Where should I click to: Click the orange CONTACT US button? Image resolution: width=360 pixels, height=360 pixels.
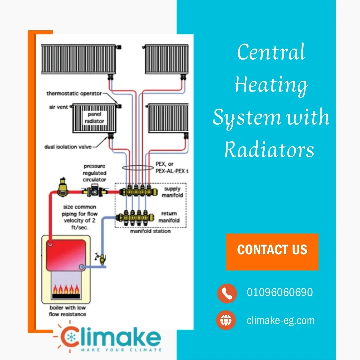pos(272,252)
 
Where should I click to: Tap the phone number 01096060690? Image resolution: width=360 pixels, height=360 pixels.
pos(280,292)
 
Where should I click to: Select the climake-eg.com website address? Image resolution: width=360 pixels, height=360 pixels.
pos(281,320)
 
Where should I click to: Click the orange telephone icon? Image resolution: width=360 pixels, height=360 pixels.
pos(227,293)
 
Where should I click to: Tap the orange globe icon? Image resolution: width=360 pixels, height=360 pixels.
pos(226,320)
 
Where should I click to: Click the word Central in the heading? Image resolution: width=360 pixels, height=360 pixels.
pos(271,52)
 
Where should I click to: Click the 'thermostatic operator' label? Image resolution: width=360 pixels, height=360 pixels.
pos(74,94)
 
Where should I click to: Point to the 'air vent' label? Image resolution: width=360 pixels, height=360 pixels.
pos(58,107)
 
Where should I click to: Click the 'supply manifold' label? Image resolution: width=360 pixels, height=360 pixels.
pos(172,192)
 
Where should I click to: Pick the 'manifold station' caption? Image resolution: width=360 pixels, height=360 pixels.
pos(150,231)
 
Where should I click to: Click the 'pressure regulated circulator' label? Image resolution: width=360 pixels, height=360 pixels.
pos(95,173)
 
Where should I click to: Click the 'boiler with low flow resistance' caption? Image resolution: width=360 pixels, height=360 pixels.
pos(68,311)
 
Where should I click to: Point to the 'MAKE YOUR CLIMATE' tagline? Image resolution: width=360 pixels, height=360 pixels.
pos(121,350)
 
